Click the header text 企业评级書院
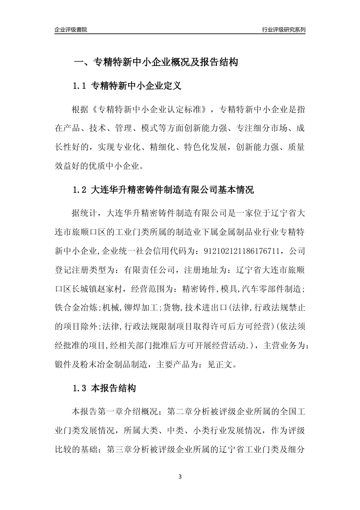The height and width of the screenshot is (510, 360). pos(71,30)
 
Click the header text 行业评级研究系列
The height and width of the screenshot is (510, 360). pos(283,30)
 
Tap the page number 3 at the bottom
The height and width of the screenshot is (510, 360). pos(180,476)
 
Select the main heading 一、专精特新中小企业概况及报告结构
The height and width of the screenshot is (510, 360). pos(155,62)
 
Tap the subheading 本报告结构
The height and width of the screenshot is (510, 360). pos(113,388)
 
